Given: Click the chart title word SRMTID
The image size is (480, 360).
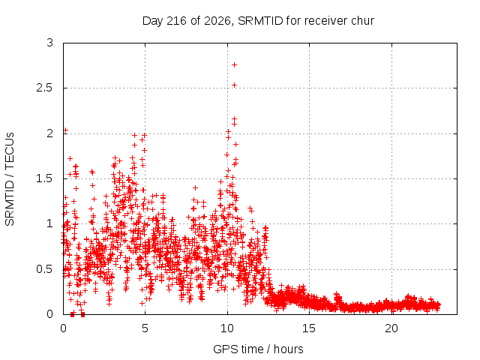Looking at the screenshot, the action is pyautogui.click(x=260, y=21).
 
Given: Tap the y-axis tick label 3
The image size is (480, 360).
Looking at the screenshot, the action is pyautogui.click(x=50, y=43).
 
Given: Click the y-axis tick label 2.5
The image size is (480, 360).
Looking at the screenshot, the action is pyautogui.click(x=45, y=88).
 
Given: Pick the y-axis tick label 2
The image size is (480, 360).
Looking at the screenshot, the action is pyautogui.click(x=50, y=133).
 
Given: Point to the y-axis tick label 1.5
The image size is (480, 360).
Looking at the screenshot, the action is pyautogui.click(x=45, y=178).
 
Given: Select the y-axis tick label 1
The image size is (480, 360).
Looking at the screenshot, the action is pyautogui.click(x=50, y=223).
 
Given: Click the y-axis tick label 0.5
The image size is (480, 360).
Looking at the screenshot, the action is pyautogui.click(x=45, y=269).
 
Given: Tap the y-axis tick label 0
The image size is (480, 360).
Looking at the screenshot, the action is pyautogui.click(x=50, y=314).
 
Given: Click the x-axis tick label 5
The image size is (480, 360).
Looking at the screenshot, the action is pyautogui.click(x=145, y=328).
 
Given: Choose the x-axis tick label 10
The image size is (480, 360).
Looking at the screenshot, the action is pyautogui.click(x=227, y=328).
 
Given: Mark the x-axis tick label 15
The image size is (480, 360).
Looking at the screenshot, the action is pyautogui.click(x=309, y=328).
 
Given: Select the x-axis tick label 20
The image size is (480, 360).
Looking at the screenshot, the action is pyautogui.click(x=391, y=328).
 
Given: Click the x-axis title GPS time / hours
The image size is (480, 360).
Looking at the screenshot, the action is pyautogui.click(x=258, y=349).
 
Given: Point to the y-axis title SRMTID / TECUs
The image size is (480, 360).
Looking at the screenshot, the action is pyautogui.click(x=10, y=179).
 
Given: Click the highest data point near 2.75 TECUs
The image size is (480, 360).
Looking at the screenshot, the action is pyautogui.click(x=235, y=65).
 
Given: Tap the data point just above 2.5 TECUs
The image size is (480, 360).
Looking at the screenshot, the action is pyautogui.click(x=235, y=85).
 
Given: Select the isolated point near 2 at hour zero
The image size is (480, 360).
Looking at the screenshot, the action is pyautogui.click(x=65, y=130).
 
